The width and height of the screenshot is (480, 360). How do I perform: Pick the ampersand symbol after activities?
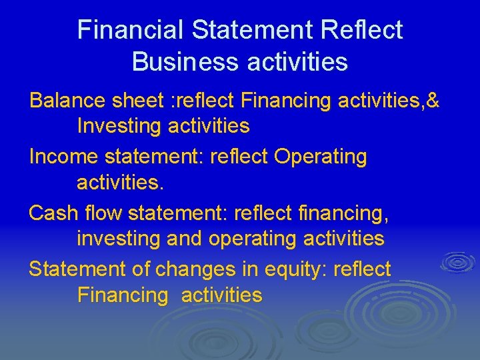coord(432,101)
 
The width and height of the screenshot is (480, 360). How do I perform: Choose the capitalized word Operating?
coord(321,157)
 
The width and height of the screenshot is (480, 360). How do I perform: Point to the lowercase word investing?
coord(117,239)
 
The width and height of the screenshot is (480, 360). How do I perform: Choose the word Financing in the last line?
coord(123,295)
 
